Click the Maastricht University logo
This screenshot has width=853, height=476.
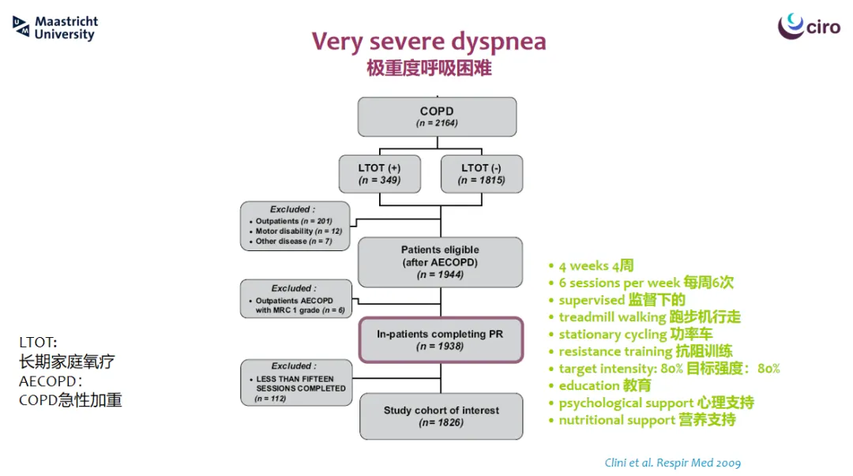(55, 28)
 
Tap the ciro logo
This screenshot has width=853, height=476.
(809, 25)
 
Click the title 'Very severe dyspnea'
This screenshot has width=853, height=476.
(429, 41)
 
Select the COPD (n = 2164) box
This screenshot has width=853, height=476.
(437, 117)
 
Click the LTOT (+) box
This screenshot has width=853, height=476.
(380, 174)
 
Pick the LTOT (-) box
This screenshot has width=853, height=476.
(482, 174)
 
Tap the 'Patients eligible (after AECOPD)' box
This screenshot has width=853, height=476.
(440, 262)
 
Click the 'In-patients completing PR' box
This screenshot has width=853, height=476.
(441, 340)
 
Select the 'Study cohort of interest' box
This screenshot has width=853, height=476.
(442, 416)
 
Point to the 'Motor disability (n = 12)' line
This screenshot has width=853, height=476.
(296, 231)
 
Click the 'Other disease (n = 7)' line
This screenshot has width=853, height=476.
(291, 242)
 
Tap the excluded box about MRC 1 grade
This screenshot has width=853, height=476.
(296, 299)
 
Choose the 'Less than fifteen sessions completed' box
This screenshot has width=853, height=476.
(296, 382)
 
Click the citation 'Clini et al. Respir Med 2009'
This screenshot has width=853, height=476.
(672, 463)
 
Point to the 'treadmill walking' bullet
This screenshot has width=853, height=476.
(645, 317)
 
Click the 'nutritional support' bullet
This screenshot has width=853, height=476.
(642, 420)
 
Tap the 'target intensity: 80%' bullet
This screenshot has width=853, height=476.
(664, 369)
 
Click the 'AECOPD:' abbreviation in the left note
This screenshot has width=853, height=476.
(51, 381)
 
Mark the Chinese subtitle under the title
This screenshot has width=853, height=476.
(429, 69)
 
